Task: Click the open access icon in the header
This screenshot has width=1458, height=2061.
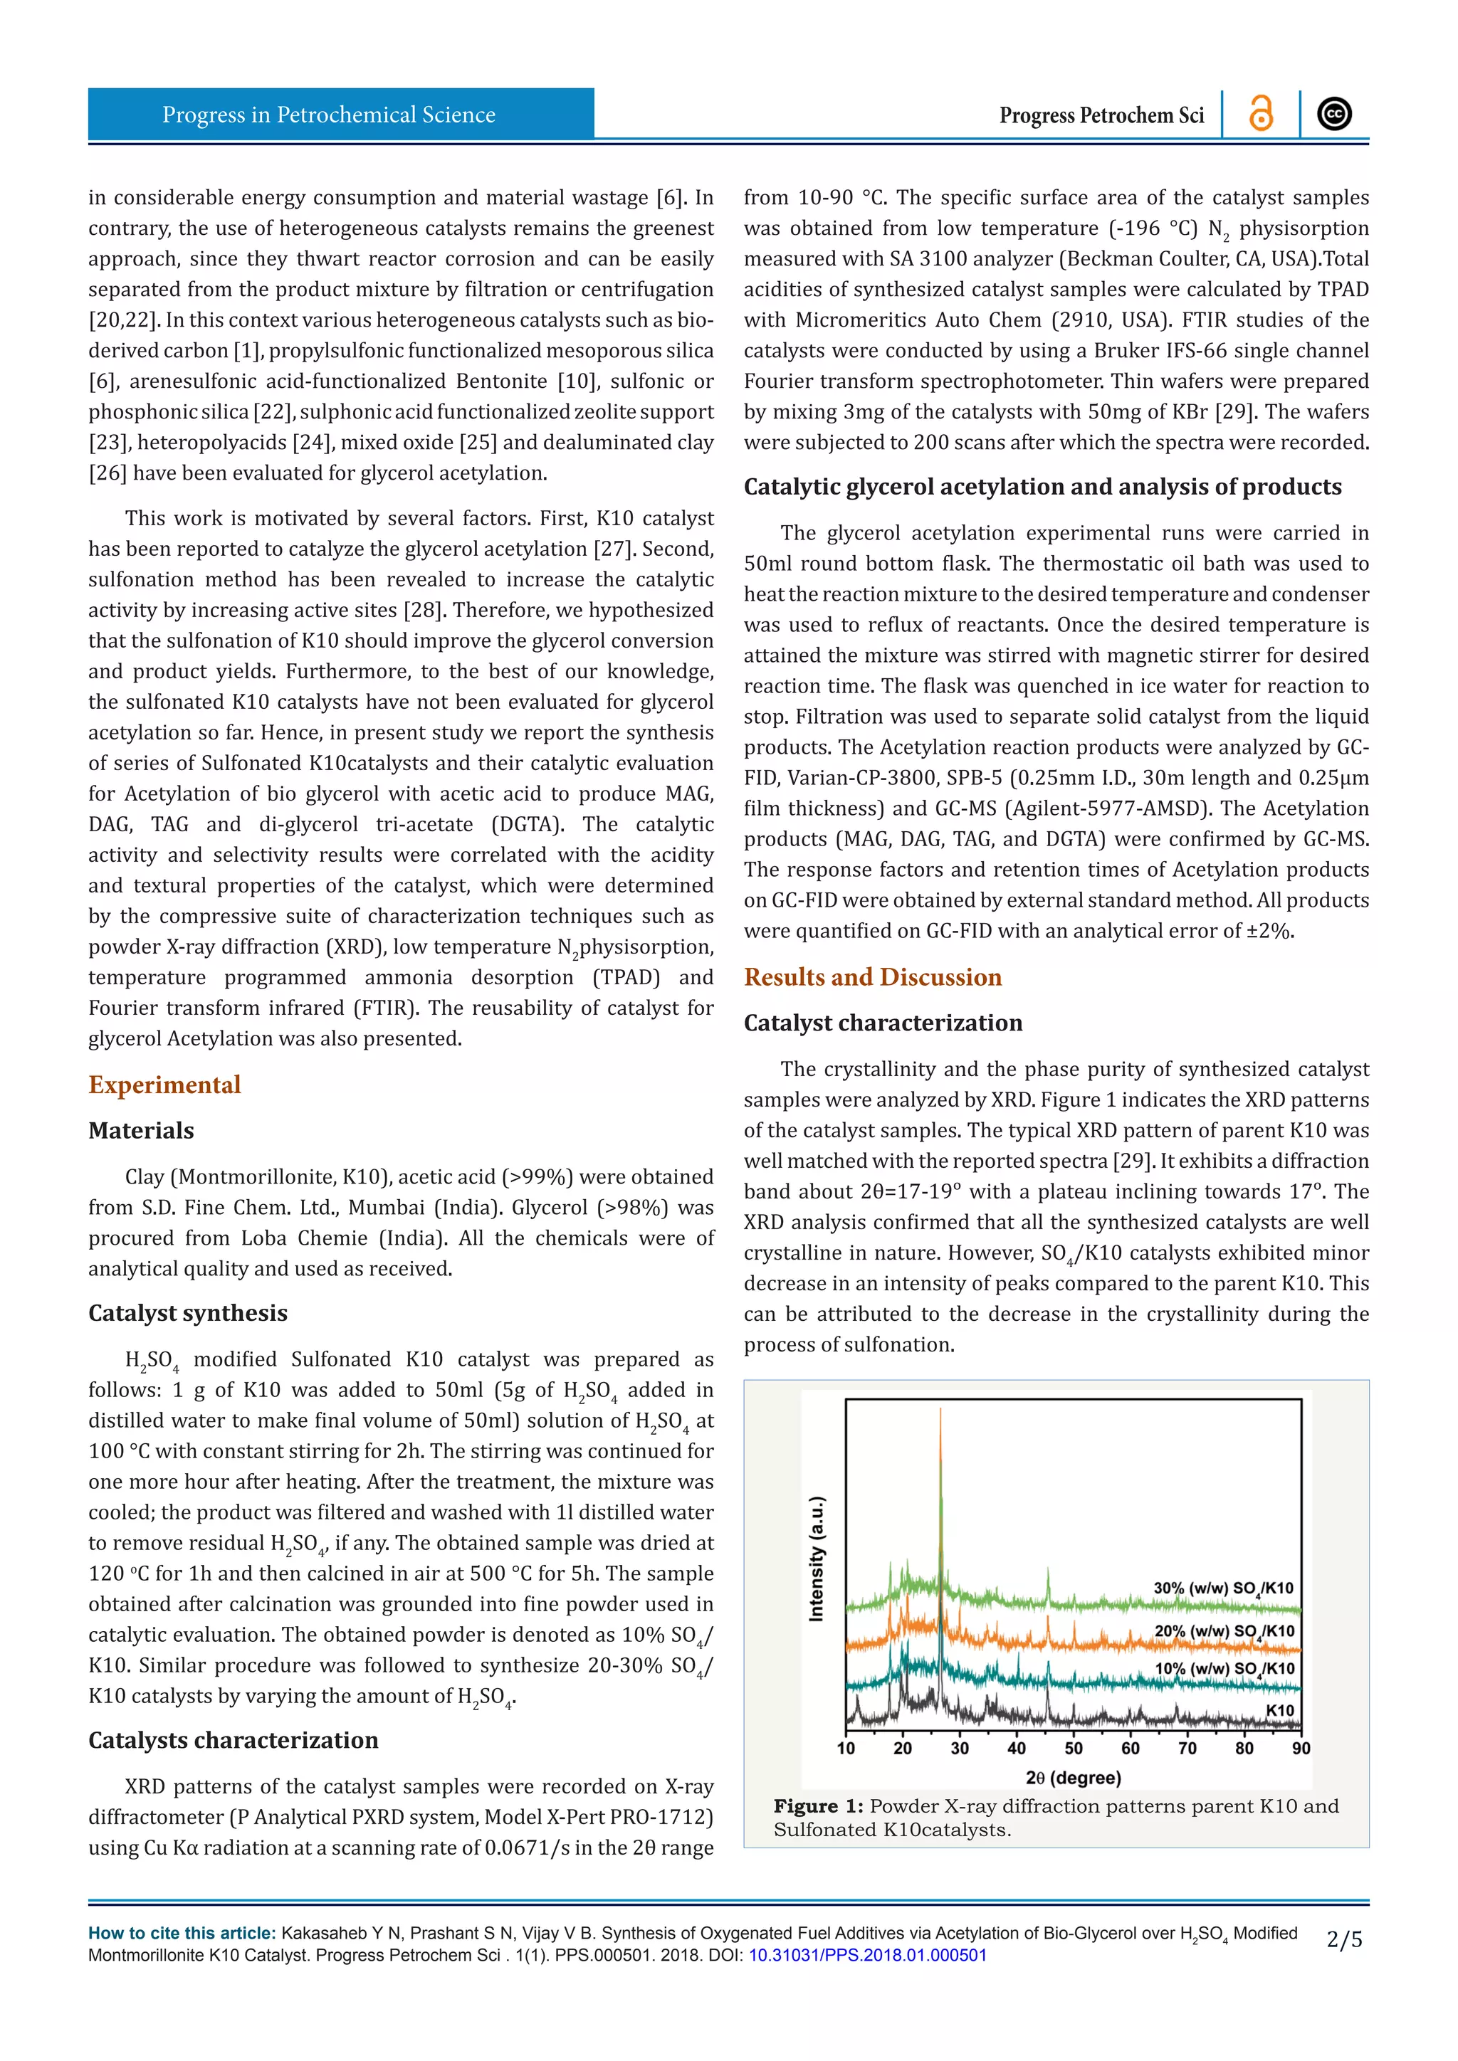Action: pyautogui.click(x=1261, y=114)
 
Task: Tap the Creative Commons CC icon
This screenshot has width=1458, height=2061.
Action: pyautogui.click(x=1334, y=114)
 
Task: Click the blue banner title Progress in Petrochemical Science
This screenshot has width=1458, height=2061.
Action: pyautogui.click(x=329, y=115)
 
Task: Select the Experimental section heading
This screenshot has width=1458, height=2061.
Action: pyautogui.click(x=164, y=1085)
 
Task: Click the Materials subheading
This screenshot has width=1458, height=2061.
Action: pyautogui.click(x=141, y=1130)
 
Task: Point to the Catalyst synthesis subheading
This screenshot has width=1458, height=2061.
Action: pyautogui.click(x=188, y=1312)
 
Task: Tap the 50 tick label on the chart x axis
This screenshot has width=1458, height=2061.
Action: pyautogui.click(x=1074, y=1748)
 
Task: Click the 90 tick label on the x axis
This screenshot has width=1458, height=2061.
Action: pyautogui.click(x=1301, y=1748)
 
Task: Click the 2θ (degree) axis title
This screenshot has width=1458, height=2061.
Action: pyautogui.click(x=1074, y=1777)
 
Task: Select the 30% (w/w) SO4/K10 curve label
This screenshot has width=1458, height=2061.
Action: pyautogui.click(x=1223, y=1588)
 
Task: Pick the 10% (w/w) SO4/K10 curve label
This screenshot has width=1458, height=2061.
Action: pyautogui.click(x=1224, y=1669)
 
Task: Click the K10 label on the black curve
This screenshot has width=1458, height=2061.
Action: pyautogui.click(x=1280, y=1710)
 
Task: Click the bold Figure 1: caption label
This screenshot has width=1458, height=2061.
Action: pyautogui.click(x=818, y=1806)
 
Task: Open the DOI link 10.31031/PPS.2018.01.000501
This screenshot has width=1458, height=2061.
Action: pyautogui.click(x=867, y=1955)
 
